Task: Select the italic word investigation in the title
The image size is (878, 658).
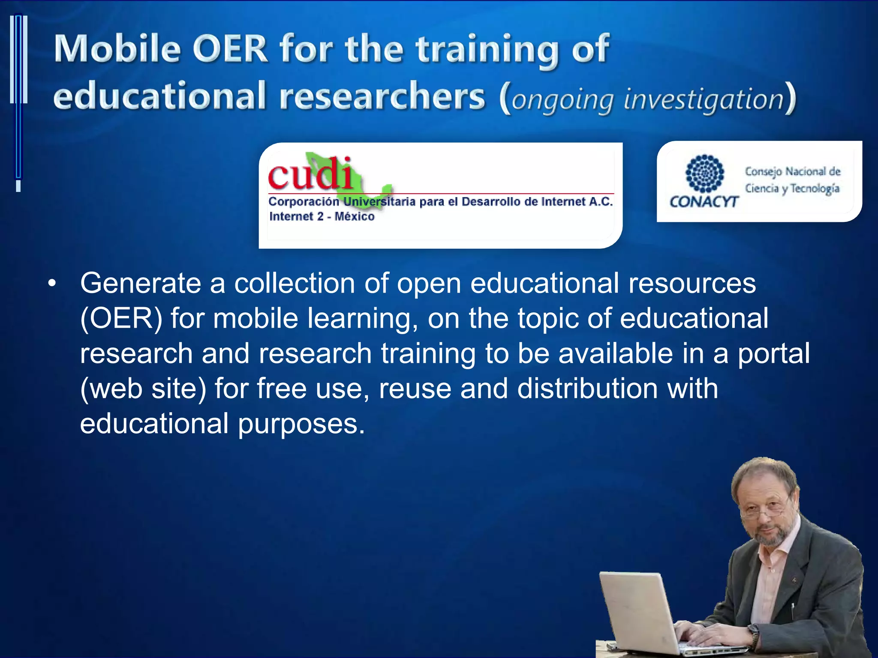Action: tap(704, 99)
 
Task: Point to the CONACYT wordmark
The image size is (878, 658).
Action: tap(704, 202)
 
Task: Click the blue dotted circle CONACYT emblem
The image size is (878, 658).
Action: tap(704, 173)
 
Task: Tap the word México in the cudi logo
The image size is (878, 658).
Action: tap(355, 216)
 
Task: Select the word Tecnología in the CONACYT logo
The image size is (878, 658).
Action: tap(815, 188)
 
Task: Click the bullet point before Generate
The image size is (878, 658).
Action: tap(52, 283)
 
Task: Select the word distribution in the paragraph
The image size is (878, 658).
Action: tap(587, 389)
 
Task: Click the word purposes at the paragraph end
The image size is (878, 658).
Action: tap(301, 424)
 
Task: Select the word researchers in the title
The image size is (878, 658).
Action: tap(382, 96)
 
